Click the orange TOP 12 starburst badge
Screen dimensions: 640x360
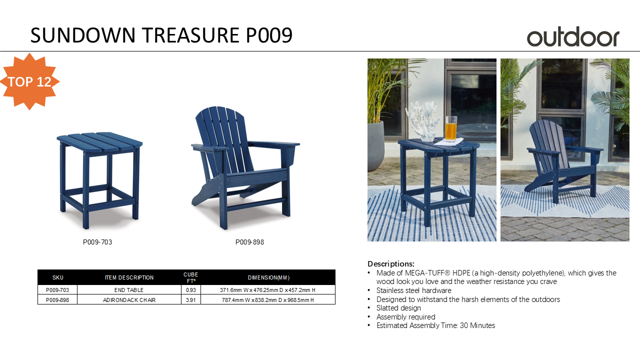[x=29, y=81]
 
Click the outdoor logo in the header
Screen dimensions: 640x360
[x=573, y=36]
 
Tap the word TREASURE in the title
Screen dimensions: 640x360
[x=191, y=35]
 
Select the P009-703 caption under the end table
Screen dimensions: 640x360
[x=97, y=242]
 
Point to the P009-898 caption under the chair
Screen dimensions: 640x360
[x=249, y=242]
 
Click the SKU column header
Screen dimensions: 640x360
[x=57, y=277]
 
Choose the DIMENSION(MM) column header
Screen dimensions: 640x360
[x=268, y=277]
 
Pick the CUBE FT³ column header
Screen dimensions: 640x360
[x=191, y=277]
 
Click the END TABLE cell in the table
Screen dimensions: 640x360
[x=129, y=290]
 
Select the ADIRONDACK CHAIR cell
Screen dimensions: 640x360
[x=129, y=300]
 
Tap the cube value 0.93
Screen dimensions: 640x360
[x=191, y=290]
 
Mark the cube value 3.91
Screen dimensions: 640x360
[x=191, y=300]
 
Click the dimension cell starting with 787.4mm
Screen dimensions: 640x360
[x=268, y=300]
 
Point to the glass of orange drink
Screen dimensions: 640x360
[x=451, y=128]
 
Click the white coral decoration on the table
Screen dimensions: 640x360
[x=422, y=121]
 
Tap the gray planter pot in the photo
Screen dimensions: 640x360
[x=375, y=145]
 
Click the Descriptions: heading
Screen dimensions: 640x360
[x=391, y=263]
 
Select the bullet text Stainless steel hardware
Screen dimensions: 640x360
[x=413, y=290]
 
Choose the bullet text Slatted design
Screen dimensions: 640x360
[x=398, y=308]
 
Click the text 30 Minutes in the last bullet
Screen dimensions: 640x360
[x=477, y=325]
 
